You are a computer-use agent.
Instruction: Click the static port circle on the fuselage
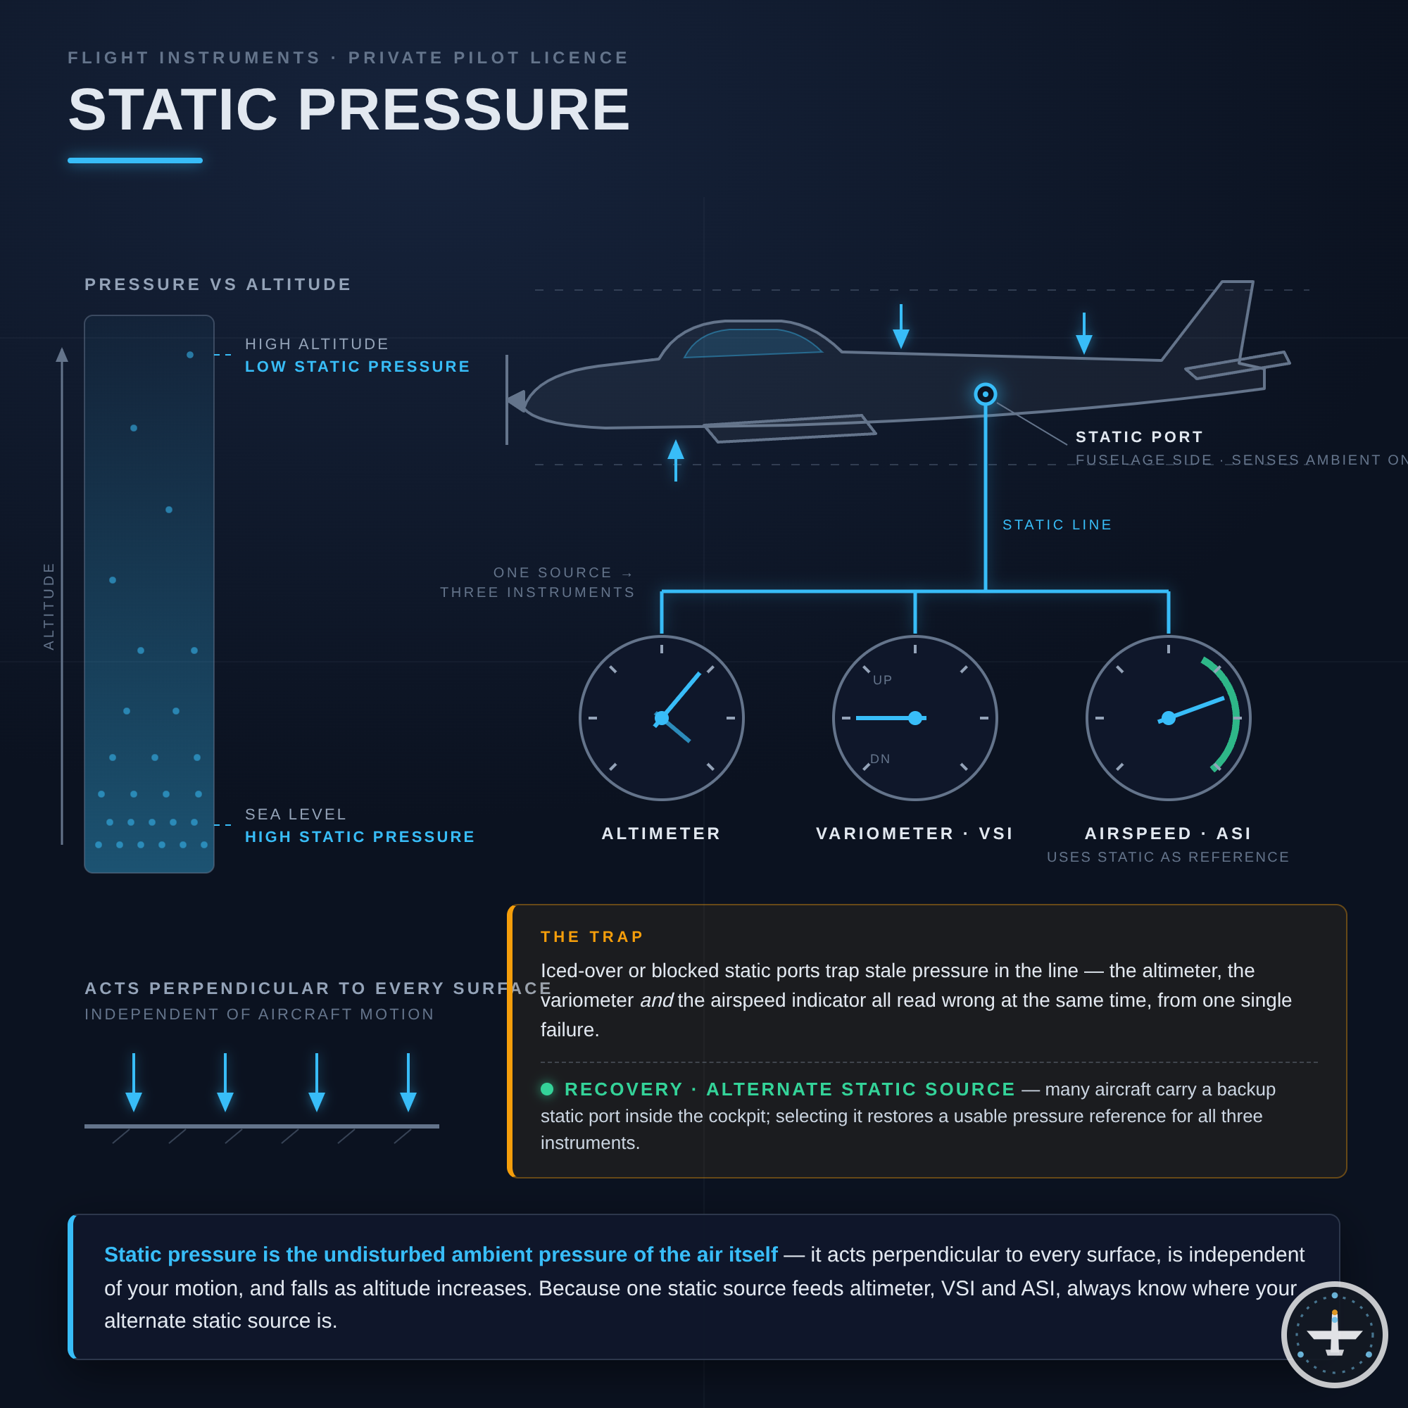pyautogui.click(x=986, y=394)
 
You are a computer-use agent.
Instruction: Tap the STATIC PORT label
pyautogui.click(x=1139, y=437)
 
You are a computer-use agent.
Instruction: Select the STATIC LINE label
pyautogui.click(x=1057, y=524)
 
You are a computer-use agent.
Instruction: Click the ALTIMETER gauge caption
pyautogui.click(x=661, y=834)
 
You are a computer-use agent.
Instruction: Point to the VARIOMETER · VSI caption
pyautogui.click(x=914, y=834)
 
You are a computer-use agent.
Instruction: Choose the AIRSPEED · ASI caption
pyautogui.click(x=1168, y=834)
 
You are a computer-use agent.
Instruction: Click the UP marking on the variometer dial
pyautogui.click(x=883, y=680)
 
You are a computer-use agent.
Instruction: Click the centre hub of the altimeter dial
pyautogui.click(x=662, y=718)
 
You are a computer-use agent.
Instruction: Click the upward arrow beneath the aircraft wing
pyautogui.click(x=676, y=460)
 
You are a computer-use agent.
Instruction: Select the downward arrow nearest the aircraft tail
pyautogui.click(x=1083, y=334)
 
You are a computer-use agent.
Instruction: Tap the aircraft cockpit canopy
pyautogui.click(x=752, y=343)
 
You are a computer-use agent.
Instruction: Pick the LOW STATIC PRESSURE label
pyautogui.click(x=358, y=367)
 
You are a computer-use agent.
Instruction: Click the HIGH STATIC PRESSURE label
pyautogui.click(x=360, y=836)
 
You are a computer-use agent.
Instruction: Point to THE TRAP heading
pyautogui.click(x=593, y=936)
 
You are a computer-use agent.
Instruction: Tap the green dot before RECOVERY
pyautogui.click(x=547, y=1089)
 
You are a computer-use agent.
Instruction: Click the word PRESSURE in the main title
pyautogui.click(x=464, y=110)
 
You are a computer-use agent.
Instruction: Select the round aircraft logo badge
pyautogui.click(x=1334, y=1334)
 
